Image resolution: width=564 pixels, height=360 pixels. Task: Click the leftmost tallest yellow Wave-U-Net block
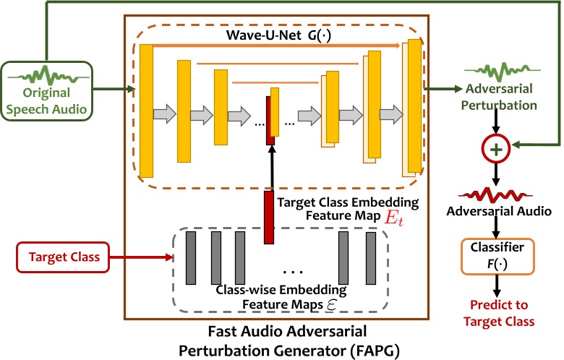coord(147,110)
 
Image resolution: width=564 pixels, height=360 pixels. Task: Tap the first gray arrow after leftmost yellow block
coord(165,113)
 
